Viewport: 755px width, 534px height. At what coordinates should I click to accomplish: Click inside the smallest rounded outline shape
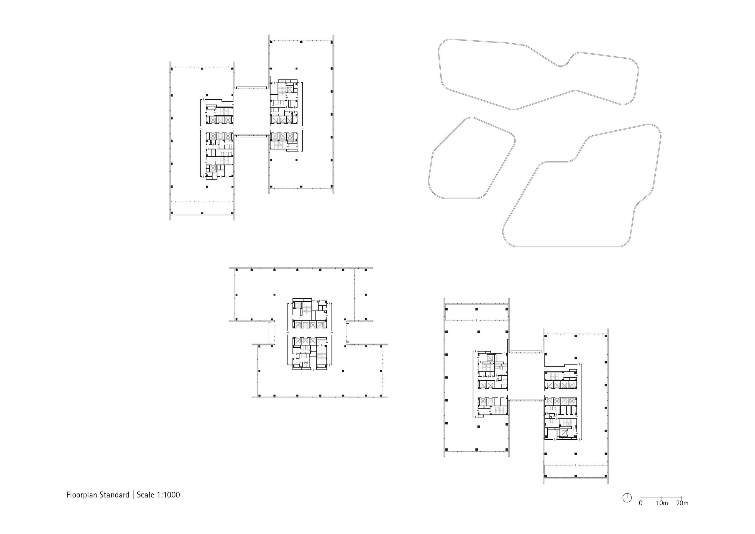(472, 158)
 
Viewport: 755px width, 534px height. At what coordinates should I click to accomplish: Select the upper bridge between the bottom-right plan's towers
(526, 352)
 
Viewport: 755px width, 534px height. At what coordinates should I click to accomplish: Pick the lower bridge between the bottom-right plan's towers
(526, 400)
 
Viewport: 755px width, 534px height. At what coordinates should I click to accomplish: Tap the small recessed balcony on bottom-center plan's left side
(271, 333)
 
